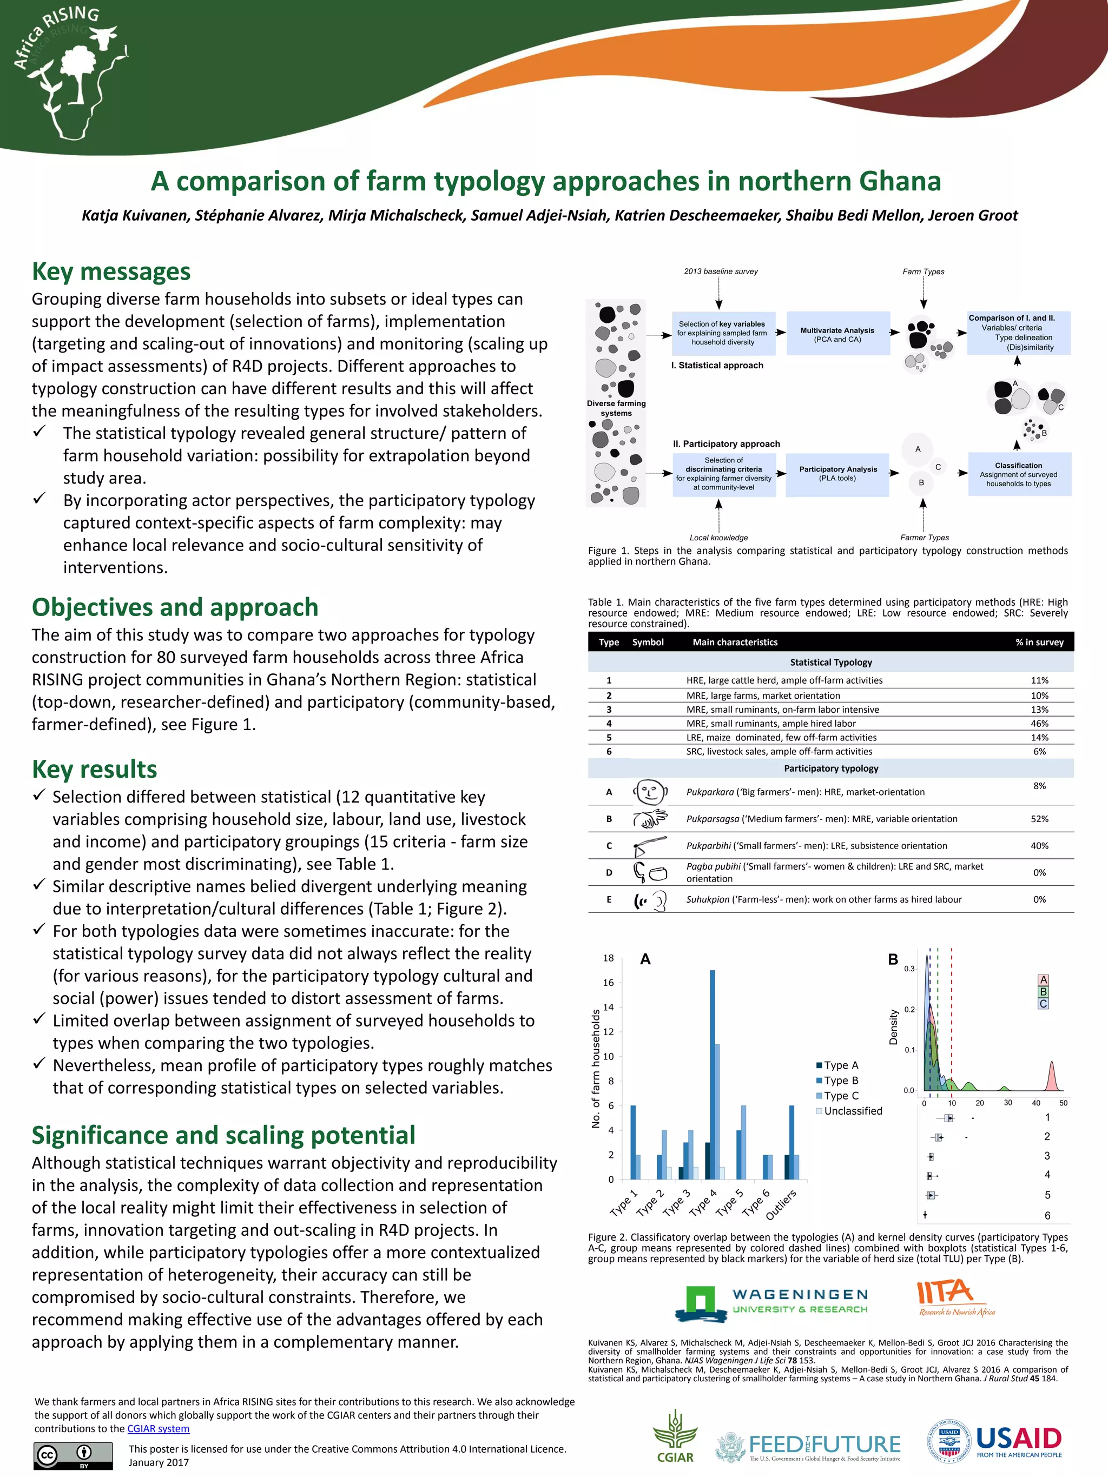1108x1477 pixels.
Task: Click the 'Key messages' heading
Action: pyautogui.click(x=111, y=271)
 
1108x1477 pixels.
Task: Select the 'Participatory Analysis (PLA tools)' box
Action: pyautogui.click(x=837, y=473)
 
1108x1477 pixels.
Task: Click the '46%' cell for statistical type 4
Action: pyautogui.click(x=1039, y=723)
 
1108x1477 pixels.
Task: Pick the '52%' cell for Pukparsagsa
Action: pyautogui.click(x=1039, y=819)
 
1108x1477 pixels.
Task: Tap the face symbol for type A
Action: pyautogui.click(x=649, y=792)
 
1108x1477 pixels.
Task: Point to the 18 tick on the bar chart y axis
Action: pyautogui.click(x=609, y=958)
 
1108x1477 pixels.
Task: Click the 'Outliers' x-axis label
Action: pyautogui.click(x=781, y=1204)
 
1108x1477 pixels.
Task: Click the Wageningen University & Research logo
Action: pyautogui.click(x=771, y=1304)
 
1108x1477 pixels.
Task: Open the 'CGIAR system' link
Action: pyautogui.click(x=159, y=1428)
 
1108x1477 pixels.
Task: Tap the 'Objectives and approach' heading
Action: pyautogui.click(x=175, y=608)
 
